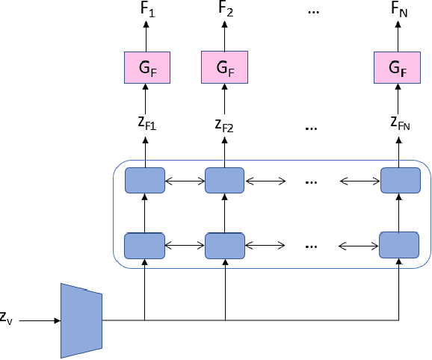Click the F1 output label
(x=148, y=10)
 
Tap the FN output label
(x=398, y=10)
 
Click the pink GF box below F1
(x=147, y=68)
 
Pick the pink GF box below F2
(x=225, y=68)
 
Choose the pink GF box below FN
(x=397, y=68)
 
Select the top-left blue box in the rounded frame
(x=145, y=180)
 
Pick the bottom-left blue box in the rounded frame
(x=145, y=245)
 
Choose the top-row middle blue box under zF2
(x=225, y=180)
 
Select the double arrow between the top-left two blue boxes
(x=185, y=180)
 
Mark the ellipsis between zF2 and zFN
(x=312, y=128)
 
